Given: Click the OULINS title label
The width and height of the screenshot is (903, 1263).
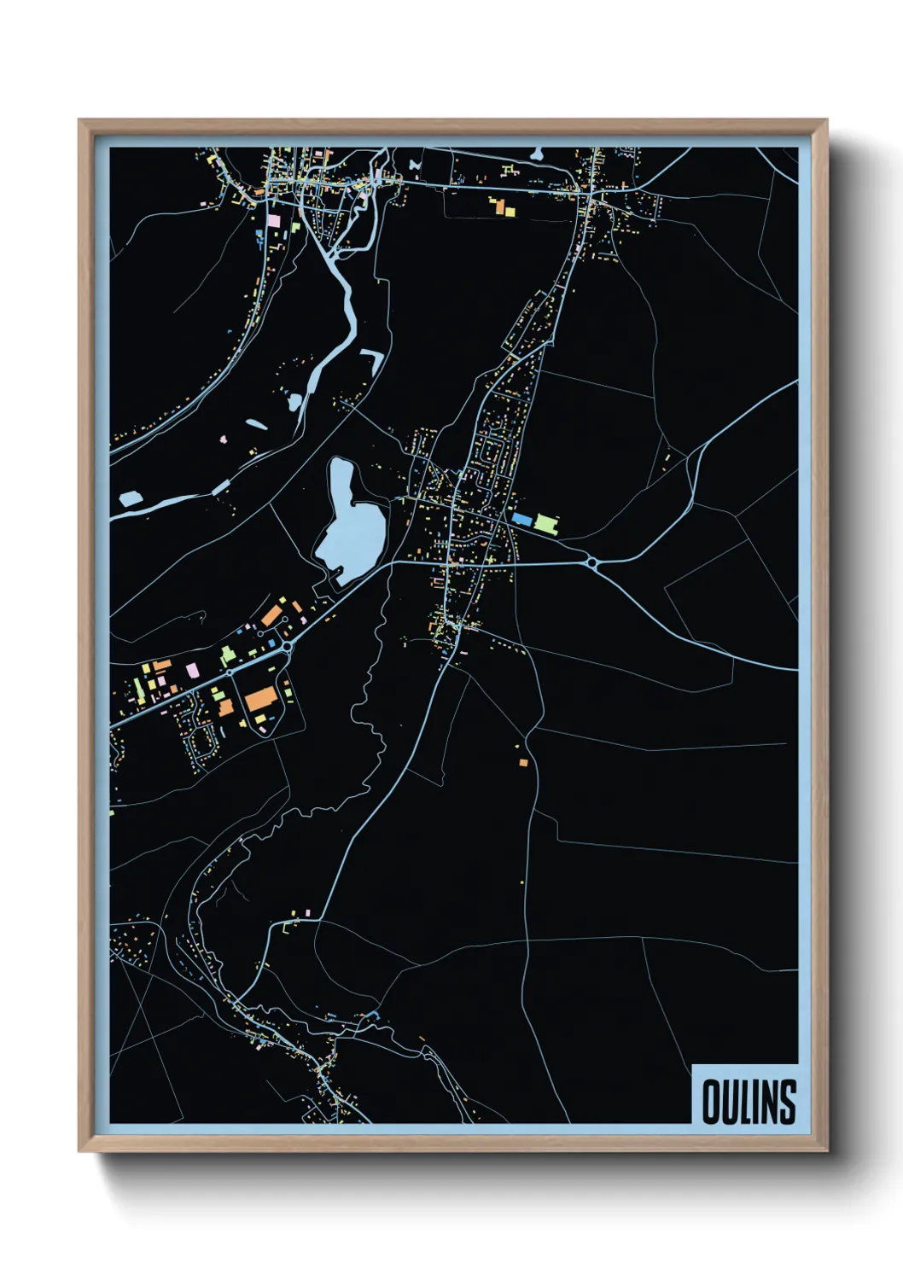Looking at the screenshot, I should point(749,1101).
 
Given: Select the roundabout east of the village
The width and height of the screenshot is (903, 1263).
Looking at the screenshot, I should point(591,563).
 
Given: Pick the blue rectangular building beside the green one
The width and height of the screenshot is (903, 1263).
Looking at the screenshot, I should point(521,519).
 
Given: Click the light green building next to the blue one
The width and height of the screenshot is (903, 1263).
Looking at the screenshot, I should point(545,521).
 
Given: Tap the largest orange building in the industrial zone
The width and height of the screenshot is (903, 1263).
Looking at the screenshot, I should point(261,699).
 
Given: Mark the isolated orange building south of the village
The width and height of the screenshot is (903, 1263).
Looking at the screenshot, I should point(523,762).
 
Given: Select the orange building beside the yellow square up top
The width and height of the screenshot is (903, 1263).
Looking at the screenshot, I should point(510,209).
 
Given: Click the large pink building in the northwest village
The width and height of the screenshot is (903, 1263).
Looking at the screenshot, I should point(274,220).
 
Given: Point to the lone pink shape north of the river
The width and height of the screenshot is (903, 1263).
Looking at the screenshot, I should point(224,439).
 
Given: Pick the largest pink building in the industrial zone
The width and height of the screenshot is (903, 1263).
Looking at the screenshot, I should point(192,670).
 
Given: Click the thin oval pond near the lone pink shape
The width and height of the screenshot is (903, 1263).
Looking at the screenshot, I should point(256,422).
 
